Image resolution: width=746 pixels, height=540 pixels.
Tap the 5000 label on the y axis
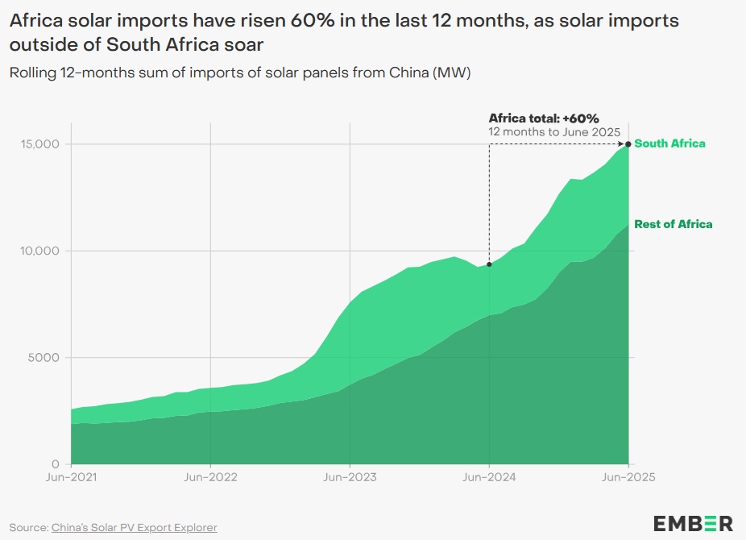click(x=45, y=358)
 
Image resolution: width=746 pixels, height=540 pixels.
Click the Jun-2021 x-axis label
click(x=71, y=477)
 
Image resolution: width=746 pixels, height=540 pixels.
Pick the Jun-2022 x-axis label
click(x=210, y=477)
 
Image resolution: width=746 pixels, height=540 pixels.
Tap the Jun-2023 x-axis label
click(x=350, y=477)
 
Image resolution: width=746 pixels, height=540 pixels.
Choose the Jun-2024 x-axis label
click(x=489, y=477)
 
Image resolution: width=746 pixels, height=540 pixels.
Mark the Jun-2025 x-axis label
click(x=628, y=477)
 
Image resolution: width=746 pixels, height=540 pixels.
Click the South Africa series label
click(x=669, y=143)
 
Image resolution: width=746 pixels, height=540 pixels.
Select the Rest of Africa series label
click(x=673, y=224)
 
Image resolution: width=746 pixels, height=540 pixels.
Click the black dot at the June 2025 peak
click(x=628, y=144)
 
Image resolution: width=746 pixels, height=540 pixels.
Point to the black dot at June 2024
click(x=489, y=264)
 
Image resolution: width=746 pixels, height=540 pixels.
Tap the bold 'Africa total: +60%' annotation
click(x=544, y=118)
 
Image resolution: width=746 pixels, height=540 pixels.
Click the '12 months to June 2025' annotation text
click(x=553, y=131)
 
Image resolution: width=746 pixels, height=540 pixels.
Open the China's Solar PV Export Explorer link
click(x=135, y=527)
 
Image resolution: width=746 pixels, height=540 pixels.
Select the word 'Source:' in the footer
click(x=29, y=527)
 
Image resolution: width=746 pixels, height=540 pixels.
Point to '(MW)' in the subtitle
click(x=452, y=73)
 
